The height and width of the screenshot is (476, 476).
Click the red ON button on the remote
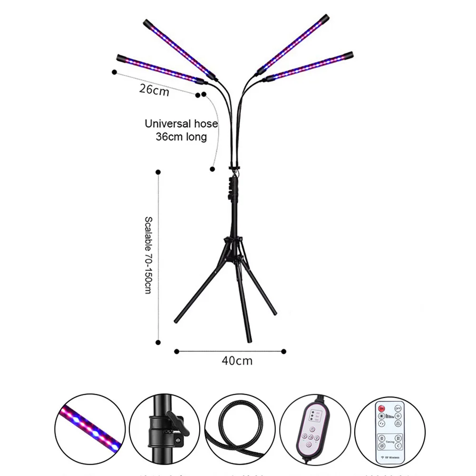click(x=381, y=408)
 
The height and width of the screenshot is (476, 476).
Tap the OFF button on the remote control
click(x=398, y=408)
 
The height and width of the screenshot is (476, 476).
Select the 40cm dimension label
click(x=237, y=361)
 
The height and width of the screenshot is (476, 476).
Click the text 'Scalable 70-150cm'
click(x=148, y=255)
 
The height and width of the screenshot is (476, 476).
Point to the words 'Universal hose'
click(x=181, y=124)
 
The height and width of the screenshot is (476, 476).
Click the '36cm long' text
click(x=181, y=137)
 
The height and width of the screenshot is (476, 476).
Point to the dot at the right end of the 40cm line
click(x=284, y=351)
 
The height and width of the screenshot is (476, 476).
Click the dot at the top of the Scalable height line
click(x=158, y=172)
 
